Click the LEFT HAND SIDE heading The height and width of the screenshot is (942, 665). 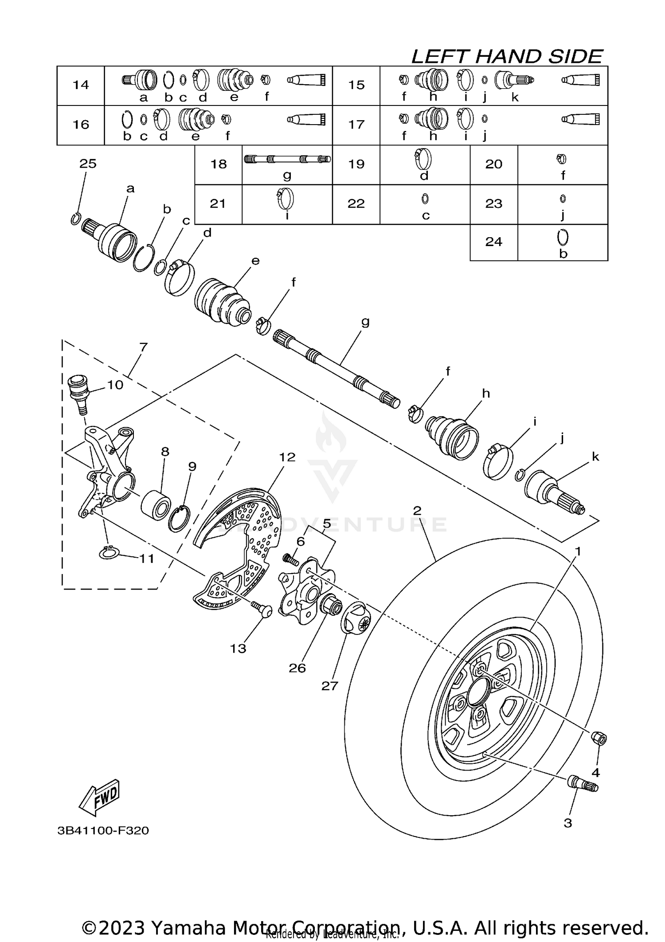pyautogui.click(x=507, y=57)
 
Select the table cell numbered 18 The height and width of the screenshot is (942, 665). pyautogui.click(x=219, y=164)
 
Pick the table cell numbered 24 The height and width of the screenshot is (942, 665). pyautogui.click(x=493, y=242)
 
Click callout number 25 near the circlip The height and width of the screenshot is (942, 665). pyautogui.click(x=88, y=164)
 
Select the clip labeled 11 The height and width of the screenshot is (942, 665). pyautogui.click(x=108, y=553)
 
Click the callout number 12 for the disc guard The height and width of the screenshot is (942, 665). pyautogui.click(x=287, y=457)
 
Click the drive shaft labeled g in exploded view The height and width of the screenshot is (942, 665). pyautogui.click(x=337, y=368)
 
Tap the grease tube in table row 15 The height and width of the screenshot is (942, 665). pyautogui.click(x=580, y=80)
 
